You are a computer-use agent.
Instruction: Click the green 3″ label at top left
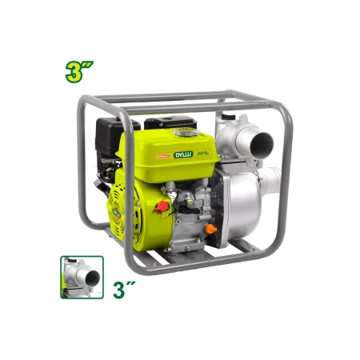[x=80, y=68]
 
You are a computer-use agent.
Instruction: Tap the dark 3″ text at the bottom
[x=121, y=288]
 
